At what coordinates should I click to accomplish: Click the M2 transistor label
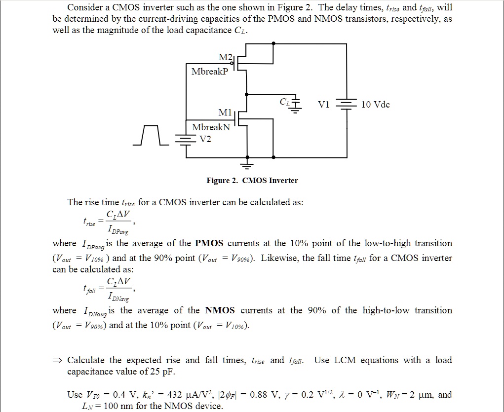[x=225, y=58]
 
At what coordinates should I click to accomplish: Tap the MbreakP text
[x=210, y=71]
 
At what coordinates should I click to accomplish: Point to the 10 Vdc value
[x=376, y=105]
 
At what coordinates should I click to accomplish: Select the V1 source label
[x=324, y=105]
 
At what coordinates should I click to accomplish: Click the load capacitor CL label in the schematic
[x=285, y=102]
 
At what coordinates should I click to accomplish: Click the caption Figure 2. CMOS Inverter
[x=252, y=181]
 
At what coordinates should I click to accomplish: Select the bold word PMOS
[x=209, y=243]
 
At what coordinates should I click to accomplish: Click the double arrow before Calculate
[x=59, y=361]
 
